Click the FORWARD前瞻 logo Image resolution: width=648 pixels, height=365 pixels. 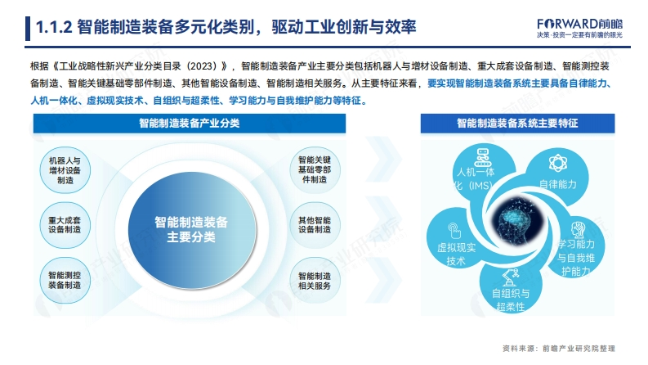point(579,28)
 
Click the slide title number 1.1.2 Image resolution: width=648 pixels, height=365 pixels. point(54,27)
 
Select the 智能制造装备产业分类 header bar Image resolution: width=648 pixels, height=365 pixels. point(190,124)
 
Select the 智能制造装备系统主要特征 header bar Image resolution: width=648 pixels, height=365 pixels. point(517,124)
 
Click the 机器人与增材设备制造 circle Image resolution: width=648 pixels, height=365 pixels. point(65,170)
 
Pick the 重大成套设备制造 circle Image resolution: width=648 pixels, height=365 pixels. point(65,225)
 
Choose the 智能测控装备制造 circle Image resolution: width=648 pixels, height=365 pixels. point(65,280)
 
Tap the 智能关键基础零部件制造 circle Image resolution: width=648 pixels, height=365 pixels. point(315,169)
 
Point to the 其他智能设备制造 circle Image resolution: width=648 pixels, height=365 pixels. point(315,225)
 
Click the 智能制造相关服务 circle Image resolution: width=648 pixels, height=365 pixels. point(315,281)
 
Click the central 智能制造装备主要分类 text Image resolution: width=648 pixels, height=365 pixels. point(191,229)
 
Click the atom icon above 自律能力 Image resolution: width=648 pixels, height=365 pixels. point(558,163)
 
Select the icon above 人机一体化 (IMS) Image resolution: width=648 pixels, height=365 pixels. point(482,157)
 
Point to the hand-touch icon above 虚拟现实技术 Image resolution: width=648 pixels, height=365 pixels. point(454,231)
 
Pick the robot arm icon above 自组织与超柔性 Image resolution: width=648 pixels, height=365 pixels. point(510,277)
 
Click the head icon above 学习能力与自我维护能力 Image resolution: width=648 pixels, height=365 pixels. point(578,230)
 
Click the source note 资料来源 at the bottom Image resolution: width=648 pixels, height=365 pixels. point(559,349)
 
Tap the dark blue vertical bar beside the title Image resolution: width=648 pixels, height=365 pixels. point(28,29)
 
